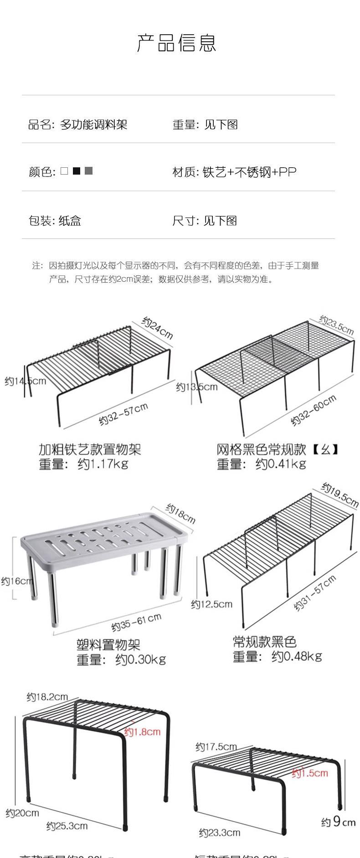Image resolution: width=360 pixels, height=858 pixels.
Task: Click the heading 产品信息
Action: pos(176,43)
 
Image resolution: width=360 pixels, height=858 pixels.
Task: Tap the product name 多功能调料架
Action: pos(93,124)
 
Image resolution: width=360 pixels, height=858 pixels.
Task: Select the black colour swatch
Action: pos(77,171)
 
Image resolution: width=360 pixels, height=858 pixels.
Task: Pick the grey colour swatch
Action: pos(88,171)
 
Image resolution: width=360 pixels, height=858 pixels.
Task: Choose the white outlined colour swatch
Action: pos(64,171)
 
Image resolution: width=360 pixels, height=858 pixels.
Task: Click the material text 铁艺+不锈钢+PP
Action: pos(249,172)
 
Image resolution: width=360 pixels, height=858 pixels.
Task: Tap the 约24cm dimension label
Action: pos(158,328)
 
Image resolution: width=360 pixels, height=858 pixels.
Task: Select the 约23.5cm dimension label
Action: pos(336,325)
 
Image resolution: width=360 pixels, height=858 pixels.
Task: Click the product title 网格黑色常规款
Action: pos(261,450)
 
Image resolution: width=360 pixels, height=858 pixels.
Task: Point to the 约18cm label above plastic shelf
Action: pos(180,514)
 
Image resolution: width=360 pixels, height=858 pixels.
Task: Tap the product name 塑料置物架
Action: pos(108,645)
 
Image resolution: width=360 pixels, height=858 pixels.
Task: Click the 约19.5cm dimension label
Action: pos(340,495)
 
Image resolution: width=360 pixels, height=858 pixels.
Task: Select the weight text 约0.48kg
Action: pos(297,656)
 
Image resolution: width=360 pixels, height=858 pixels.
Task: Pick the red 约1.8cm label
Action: pos(143,732)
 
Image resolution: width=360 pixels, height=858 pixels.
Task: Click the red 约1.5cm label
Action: pos(310,773)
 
